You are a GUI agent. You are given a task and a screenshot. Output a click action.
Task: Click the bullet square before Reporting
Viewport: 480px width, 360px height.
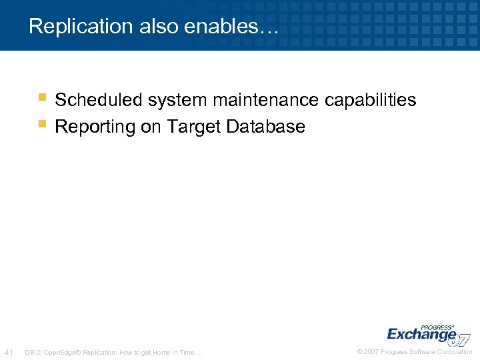(x=42, y=123)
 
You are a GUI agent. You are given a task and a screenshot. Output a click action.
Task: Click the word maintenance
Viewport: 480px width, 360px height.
(x=265, y=100)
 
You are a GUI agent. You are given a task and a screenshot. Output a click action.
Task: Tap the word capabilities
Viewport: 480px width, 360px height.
(x=370, y=100)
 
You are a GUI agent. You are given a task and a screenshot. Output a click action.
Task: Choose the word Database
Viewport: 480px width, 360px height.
(x=265, y=127)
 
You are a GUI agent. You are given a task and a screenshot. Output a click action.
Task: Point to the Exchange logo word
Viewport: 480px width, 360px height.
(x=420, y=334)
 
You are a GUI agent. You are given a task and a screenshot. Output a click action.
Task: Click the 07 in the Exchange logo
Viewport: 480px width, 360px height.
(x=461, y=339)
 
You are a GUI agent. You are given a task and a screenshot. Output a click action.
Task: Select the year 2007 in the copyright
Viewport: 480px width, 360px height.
(x=372, y=352)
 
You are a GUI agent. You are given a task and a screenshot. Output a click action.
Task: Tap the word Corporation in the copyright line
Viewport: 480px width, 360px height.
(x=455, y=352)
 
